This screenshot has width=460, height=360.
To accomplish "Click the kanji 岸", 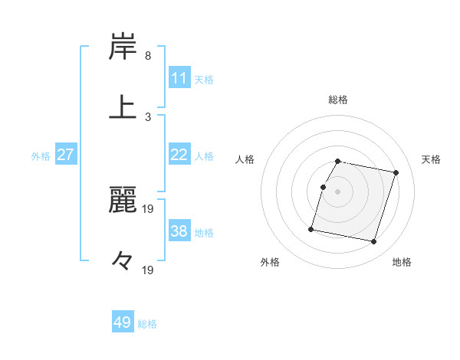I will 123,48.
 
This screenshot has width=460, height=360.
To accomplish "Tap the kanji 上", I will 123,106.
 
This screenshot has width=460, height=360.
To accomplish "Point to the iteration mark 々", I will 123,261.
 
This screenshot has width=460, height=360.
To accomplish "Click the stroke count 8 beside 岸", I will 148,56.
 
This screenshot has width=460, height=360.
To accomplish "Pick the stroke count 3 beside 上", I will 148,116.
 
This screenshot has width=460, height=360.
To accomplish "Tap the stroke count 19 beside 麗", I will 149,208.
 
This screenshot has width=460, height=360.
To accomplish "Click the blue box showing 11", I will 179,77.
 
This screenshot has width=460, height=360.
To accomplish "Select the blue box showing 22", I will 179,155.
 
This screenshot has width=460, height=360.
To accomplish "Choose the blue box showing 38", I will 179,231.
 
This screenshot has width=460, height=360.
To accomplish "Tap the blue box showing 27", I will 66,155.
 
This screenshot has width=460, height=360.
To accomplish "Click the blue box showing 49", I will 123,322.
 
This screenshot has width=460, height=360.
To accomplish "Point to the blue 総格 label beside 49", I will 147,324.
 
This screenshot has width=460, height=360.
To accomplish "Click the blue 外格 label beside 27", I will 41,156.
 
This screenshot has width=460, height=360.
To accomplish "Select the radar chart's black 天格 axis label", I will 432,159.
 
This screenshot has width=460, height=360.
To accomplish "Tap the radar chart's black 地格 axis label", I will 402,262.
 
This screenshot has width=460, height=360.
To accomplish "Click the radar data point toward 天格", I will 396,173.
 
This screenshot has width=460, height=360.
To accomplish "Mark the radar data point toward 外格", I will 311,228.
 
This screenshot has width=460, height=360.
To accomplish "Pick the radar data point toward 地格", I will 373,242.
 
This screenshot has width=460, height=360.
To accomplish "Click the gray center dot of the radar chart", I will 337,191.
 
